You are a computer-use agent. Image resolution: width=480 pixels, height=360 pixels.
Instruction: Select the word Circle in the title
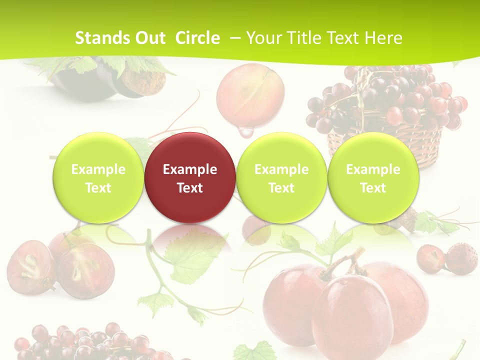[x=197, y=38]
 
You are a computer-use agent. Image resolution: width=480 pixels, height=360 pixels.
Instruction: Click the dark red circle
[x=190, y=177]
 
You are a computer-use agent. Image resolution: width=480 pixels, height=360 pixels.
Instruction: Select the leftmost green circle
[x=98, y=177]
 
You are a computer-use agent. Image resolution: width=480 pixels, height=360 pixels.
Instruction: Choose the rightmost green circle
[x=373, y=177]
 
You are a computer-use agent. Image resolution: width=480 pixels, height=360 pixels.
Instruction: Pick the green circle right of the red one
[x=281, y=177]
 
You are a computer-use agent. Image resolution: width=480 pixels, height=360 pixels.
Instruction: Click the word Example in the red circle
[x=190, y=169]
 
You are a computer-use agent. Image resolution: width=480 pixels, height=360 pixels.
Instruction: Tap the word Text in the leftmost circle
[x=98, y=188]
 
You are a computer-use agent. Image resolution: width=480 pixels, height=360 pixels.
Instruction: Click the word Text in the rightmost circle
[x=373, y=188]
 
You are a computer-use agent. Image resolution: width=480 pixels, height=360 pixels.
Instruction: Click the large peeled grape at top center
[x=250, y=95]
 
